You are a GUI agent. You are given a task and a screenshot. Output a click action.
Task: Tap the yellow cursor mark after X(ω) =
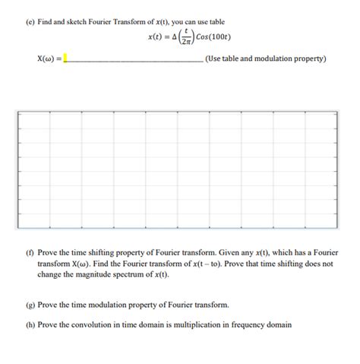pyautogui.click(x=65, y=58)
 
